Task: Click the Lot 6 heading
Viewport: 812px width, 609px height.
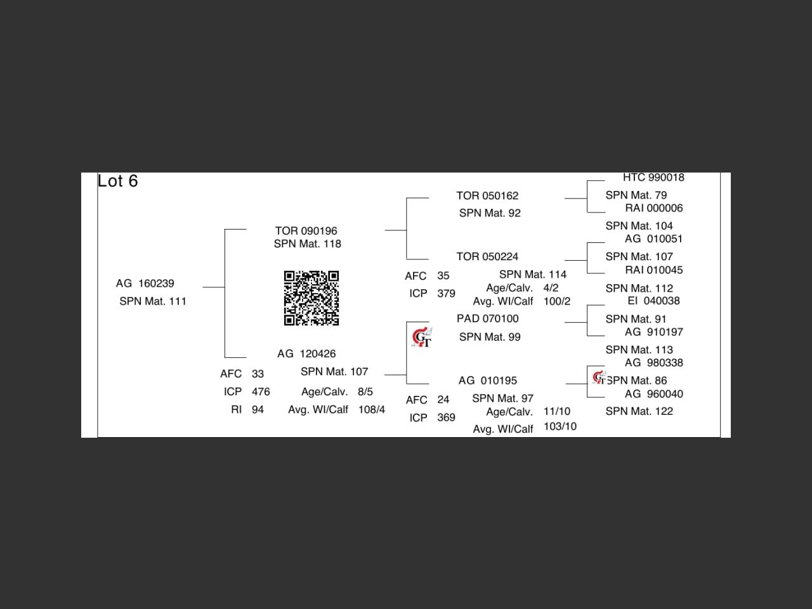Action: (x=118, y=181)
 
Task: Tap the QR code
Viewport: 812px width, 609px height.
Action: (x=311, y=298)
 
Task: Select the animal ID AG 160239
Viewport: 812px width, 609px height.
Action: (x=145, y=284)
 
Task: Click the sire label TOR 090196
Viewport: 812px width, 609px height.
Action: (x=306, y=231)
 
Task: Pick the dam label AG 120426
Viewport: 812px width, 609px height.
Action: (x=306, y=354)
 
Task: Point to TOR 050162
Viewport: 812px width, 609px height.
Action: (x=487, y=196)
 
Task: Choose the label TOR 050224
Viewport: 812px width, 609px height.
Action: (x=487, y=257)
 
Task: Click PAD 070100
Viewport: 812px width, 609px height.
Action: (x=487, y=319)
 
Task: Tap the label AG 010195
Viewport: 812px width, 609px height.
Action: (x=487, y=381)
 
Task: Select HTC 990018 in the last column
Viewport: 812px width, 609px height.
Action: (x=653, y=178)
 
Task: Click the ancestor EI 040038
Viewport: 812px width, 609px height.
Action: (x=653, y=301)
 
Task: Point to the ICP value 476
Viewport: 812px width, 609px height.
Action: (x=261, y=392)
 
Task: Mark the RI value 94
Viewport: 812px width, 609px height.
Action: (x=258, y=410)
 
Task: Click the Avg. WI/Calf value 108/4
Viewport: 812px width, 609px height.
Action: (x=372, y=410)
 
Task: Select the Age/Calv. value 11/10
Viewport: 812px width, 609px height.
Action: (x=557, y=412)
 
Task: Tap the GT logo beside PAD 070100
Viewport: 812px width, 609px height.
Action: (x=422, y=338)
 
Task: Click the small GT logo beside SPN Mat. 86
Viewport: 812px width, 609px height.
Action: (x=598, y=378)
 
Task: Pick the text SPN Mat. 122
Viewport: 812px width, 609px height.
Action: (x=639, y=412)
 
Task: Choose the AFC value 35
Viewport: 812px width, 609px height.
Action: (x=443, y=276)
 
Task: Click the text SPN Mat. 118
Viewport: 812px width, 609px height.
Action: (x=307, y=244)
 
